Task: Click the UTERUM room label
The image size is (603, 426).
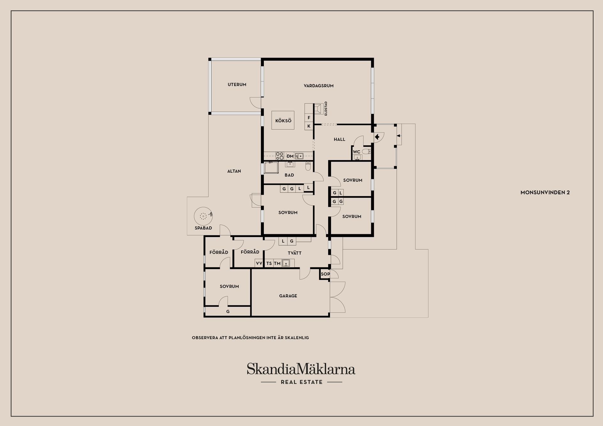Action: [237, 84]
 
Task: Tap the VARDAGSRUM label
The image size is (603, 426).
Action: [318, 86]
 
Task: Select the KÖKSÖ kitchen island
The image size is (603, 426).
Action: [283, 121]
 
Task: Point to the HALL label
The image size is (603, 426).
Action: [340, 139]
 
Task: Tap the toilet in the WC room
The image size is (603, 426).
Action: [366, 152]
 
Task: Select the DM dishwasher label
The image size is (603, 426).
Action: [290, 156]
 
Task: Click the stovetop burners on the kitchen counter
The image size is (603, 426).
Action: [280, 156]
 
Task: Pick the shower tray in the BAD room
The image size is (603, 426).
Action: [271, 168]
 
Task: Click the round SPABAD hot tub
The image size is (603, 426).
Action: [203, 216]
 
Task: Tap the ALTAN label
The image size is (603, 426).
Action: [234, 171]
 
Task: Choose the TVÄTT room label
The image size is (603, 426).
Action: [295, 253]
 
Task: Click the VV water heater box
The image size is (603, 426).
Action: [259, 263]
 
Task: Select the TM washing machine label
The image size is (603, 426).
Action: [277, 263]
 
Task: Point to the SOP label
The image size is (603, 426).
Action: [325, 274]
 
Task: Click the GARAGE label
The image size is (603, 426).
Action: [288, 296]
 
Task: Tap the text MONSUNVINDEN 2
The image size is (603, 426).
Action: [545, 192]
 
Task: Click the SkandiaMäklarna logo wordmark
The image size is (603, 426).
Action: [301, 369]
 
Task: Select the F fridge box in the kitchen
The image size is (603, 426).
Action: [309, 118]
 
